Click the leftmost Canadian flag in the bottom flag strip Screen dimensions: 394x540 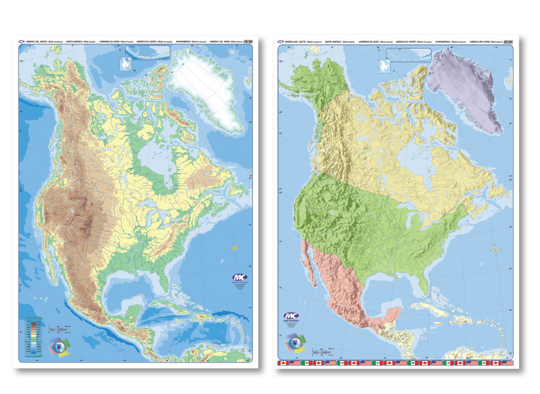click(284, 362)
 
